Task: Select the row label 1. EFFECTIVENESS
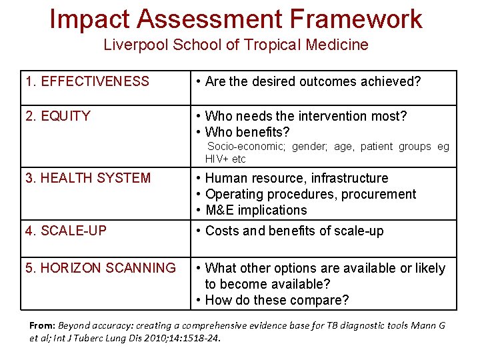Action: click(87, 82)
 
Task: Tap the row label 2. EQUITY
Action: click(58, 116)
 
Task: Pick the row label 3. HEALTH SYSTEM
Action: click(88, 178)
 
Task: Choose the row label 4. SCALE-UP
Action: click(65, 231)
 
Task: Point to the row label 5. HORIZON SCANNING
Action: click(101, 268)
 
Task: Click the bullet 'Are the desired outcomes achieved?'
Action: click(313, 82)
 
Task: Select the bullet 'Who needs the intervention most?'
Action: click(305, 116)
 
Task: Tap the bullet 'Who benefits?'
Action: click(247, 132)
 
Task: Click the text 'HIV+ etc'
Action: click(225, 159)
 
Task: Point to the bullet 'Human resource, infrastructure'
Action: click(297, 178)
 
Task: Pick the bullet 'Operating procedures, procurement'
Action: click(311, 194)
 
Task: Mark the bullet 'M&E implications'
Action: click(256, 210)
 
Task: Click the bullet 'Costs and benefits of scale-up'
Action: click(294, 231)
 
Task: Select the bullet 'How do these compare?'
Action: click(277, 300)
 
